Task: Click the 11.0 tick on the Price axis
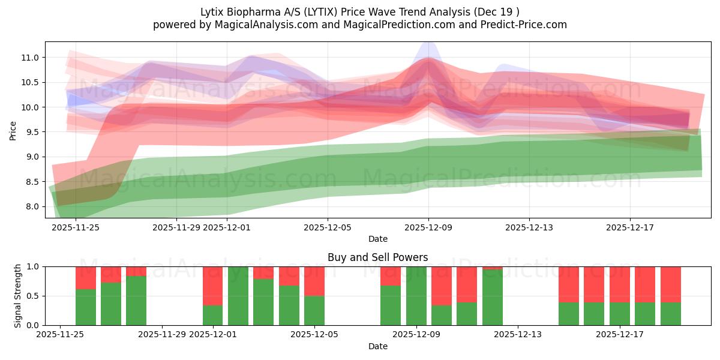(x=31, y=58)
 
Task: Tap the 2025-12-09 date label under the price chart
(x=428, y=227)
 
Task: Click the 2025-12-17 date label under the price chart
(x=629, y=227)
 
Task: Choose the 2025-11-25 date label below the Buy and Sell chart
(x=61, y=335)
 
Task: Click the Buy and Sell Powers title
(x=377, y=257)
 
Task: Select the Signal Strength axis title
(x=18, y=296)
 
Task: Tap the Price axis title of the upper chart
(x=13, y=130)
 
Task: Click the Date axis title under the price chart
(x=377, y=239)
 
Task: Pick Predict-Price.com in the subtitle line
(x=516, y=25)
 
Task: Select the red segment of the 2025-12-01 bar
(x=213, y=286)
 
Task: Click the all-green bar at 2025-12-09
(x=416, y=296)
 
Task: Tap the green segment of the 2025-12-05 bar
(x=314, y=310)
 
